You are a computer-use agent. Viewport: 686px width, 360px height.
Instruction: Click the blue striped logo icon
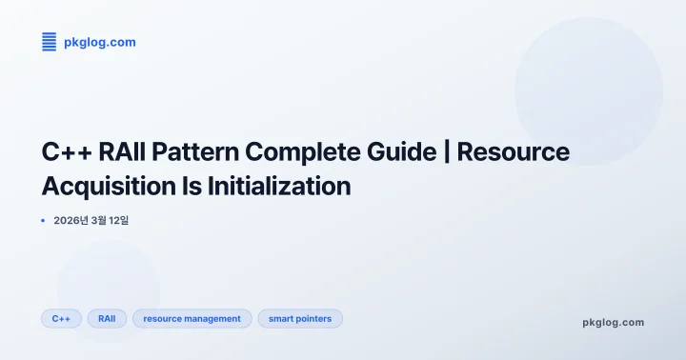pyautogui.click(x=50, y=42)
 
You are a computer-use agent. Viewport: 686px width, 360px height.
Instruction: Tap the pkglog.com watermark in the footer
pyautogui.click(x=613, y=322)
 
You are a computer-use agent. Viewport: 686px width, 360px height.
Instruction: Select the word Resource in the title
pyautogui.click(x=514, y=152)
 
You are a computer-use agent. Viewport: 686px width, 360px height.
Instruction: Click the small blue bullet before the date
pyautogui.click(x=44, y=221)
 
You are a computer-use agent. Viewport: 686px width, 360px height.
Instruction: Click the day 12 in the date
pyautogui.click(x=116, y=221)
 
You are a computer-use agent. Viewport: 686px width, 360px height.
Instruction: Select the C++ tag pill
pyautogui.click(x=61, y=318)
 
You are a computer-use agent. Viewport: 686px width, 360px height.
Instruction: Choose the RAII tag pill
pyautogui.click(x=107, y=318)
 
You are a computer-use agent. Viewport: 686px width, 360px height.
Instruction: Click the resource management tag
pyautogui.click(x=192, y=318)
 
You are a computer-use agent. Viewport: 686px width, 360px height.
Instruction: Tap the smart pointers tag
pyautogui.click(x=300, y=318)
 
